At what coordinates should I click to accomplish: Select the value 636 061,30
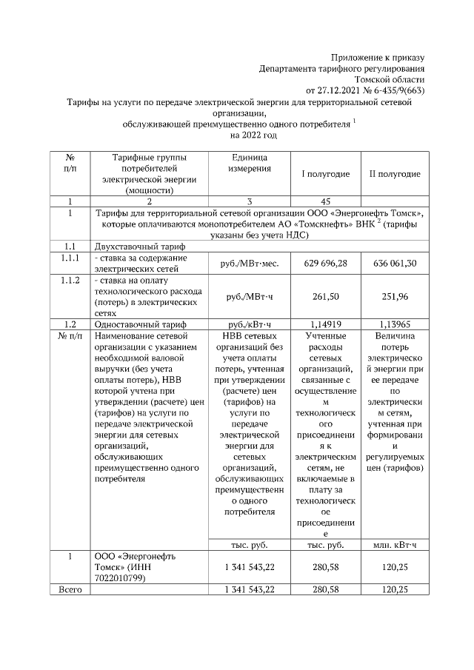395,262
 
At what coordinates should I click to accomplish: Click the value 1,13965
395,324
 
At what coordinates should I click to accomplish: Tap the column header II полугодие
395,174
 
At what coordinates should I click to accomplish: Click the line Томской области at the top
390,79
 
